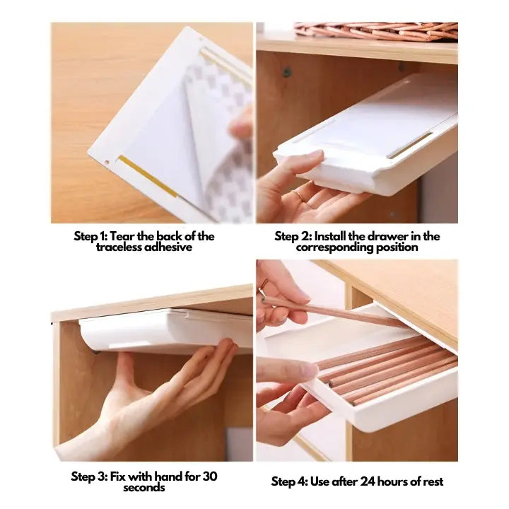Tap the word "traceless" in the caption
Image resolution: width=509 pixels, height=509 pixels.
119,247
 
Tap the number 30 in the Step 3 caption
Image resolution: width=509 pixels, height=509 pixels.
210,476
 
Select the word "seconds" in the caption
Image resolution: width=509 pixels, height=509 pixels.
144,487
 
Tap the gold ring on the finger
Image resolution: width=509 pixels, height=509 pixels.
298,195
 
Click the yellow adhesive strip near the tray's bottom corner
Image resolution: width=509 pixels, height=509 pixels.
148,176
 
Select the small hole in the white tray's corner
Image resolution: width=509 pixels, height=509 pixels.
107,161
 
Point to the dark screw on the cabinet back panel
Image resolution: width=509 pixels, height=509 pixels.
286,71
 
